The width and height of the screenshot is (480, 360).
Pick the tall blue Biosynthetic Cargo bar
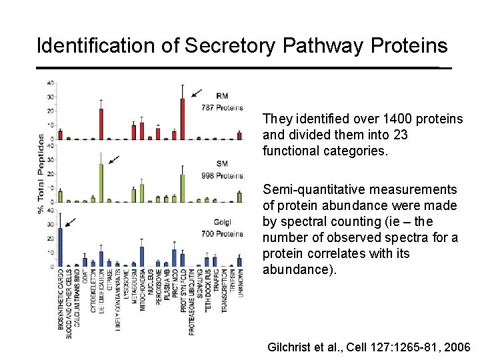click(x=60, y=247)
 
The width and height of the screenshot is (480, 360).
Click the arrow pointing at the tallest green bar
click(x=115, y=160)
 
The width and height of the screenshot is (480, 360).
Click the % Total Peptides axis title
click(x=41, y=174)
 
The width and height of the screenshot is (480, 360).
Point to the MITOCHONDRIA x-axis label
click(x=142, y=291)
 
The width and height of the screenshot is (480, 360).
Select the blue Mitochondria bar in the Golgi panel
click(x=142, y=256)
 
